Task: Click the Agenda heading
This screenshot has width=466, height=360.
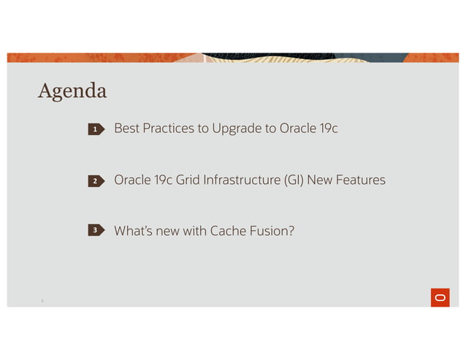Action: pyautogui.click(x=72, y=91)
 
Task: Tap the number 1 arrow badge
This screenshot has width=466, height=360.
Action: pyautogui.click(x=96, y=130)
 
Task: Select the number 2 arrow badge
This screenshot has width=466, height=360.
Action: pyautogui.click(x=96, y=180)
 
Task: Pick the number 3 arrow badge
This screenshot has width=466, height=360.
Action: pyautogui.click(x=96, y=231)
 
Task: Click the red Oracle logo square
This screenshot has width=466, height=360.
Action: pyautogui.click(x=440, y=297)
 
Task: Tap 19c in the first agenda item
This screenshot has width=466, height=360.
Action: pyautogui.click(x=328, y=129)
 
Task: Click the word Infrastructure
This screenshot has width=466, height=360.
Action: pyautogui.click(x=243, y=180)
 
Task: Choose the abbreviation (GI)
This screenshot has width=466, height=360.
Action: pyautogui.click(x=292, y=180)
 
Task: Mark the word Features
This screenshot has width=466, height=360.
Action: pyautogui.click(x=360, y=180)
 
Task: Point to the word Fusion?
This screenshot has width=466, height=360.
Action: pyautogui.click(x=273, y=231)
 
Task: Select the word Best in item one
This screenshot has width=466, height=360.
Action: pyautogui.click(x=126, y=129)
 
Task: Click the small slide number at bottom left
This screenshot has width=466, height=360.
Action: pyautogui.click(x=42, y=299)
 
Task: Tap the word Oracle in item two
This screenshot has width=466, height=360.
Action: pyautogui.click(x=131, y=180)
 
